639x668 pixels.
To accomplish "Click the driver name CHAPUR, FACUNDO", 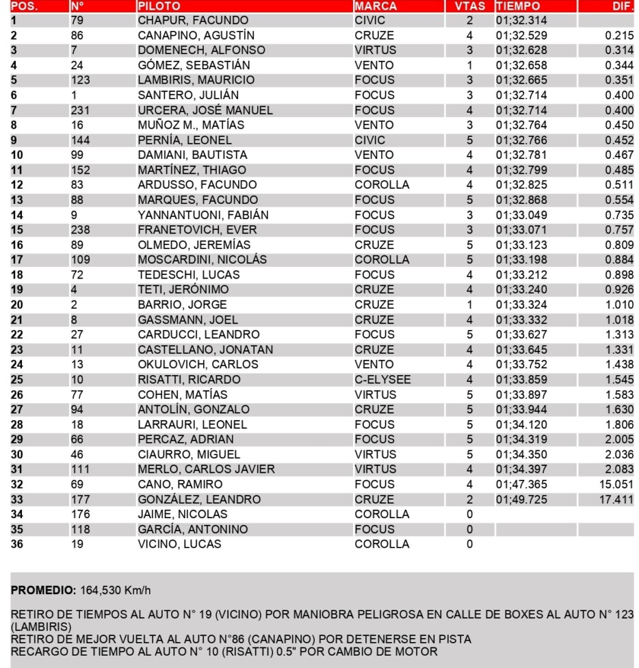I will [x=193, y=21].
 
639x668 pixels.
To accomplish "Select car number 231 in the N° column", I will [x=81, y=110].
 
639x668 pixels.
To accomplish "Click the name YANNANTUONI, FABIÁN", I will [x=203, y=215].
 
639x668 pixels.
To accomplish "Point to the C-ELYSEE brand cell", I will [x=382, y=379].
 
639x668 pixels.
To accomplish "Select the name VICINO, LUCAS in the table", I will [x=179, y=544].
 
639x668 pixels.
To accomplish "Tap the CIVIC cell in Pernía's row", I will [x=369, y=140].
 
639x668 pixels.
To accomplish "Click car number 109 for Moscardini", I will [x=81, y=259].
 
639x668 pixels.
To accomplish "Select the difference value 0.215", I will [x=618, y=36].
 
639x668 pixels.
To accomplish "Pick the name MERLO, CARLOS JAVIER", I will [x=206, y=470].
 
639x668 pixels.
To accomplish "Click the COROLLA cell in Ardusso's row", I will [x=382, y=185].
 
